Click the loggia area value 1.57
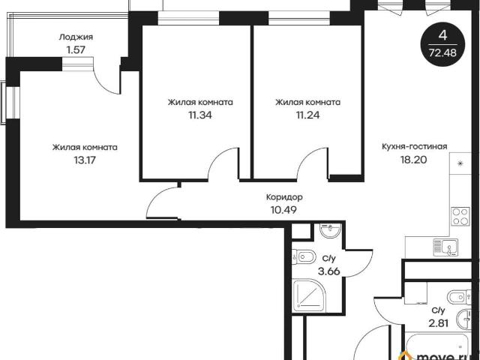tap(76, 50)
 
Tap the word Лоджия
tap(76, 37)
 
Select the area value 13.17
tap(85, 160)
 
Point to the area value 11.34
tap(200, 115)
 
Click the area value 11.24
tap(308, 115)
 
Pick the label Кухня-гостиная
tap(415, 147)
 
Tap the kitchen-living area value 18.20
tap(414, 160)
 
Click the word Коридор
tap(284, 197)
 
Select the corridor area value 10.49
tap(283, 210)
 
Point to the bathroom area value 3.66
tap(329, 271)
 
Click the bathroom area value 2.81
tap(438, 323)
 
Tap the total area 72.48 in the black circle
tap(442, 52)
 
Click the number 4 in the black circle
tap(442, 36)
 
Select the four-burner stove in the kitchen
tap(460, 217)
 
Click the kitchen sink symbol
tap(445, 247)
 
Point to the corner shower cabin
tap(308, 295)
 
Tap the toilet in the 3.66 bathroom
tap(303, 256)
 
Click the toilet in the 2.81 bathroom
tap(459, 297)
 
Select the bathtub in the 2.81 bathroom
tap(437, 346)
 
